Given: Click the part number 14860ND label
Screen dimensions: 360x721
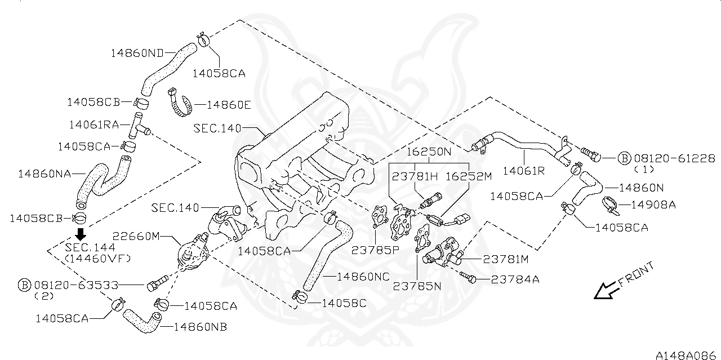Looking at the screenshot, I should (137, 53).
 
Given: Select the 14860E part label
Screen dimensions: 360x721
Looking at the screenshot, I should (229, 104).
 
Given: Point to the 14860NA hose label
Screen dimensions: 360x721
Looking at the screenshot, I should (44, 174).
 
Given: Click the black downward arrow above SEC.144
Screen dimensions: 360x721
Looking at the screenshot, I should (81, 234).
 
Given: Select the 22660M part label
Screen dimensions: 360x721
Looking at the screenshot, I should (137, 236).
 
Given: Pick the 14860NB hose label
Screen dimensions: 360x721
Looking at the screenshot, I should (200, 326).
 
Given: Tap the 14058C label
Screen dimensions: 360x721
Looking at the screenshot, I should (344, 303).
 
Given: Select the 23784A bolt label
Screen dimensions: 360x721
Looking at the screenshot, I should (515, 278).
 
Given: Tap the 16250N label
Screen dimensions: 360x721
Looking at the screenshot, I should (430, 152).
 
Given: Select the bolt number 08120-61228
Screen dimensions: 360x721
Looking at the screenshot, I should (674, 158).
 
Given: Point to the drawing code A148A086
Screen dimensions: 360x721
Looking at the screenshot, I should (687, 355).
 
